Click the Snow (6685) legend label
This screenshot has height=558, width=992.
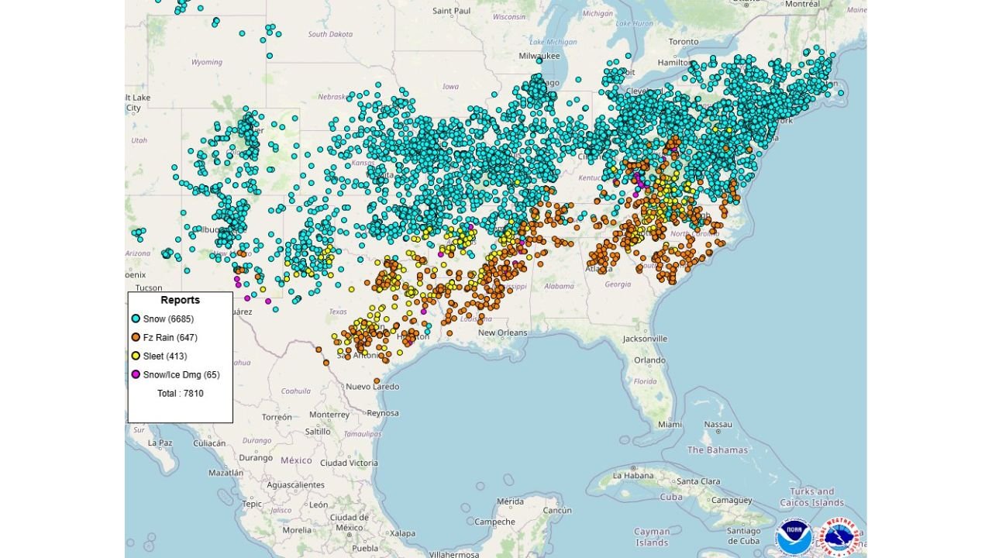pyautogui.click(x=168, y=319)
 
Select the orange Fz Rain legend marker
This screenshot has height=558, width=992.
pyautogui.click(x=136, y=337)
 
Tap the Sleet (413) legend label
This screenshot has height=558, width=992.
pyautogui.click(x=165, y=356)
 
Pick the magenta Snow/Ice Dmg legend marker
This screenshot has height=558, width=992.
pyautogui.click(x=136, y=374)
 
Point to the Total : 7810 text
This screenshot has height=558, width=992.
pyautogui.click(x=180, y=393)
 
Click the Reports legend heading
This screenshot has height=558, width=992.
pyautogui.click(x=180, y=300)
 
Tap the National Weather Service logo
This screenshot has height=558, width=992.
pyautogui.click(x=841, y=536)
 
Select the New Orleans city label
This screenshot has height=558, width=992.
pyautogui.click(x=502, y=332)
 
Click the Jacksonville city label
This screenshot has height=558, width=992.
pyautogui.click(x=645, y=339)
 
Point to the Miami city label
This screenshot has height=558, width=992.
pyautogui.click(x=670, y=424)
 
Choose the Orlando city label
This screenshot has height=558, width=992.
pyautogui.click(x=649, y=360)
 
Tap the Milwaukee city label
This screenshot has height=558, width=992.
pyautogui.click(x=539, y=56)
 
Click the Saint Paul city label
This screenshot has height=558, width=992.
pyautogui.click(x=452, y=11)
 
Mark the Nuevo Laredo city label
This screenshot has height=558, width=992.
pyautogui.click(x=373, y=386)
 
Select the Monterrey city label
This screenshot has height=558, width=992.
pyautogui.click(x=329, y=415)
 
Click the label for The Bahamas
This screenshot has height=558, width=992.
pyautogui.click(x=718, y=449)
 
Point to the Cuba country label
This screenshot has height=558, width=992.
pyautogui.click(x=672, y=496)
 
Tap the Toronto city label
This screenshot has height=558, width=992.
pyautogui.click(x=684, y=41)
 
